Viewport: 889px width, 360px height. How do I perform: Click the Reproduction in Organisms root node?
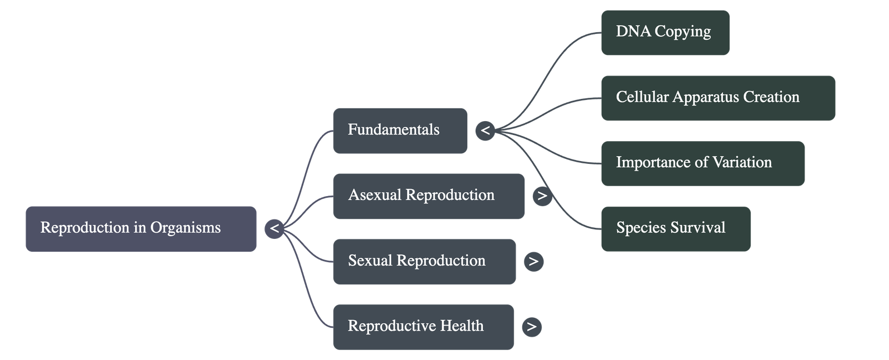click(141, 228)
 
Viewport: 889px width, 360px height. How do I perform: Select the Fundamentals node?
click(399, 131)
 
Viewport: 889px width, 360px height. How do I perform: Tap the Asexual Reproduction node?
click(428, 196)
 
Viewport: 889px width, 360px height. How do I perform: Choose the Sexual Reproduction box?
click(424, 261)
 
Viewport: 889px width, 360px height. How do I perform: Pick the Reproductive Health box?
click(423, 326)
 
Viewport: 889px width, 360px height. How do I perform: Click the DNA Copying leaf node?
click(665, 32)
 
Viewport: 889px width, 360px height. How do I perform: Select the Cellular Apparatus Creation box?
click(718, 97)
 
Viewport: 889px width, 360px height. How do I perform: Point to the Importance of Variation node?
click(702, 163)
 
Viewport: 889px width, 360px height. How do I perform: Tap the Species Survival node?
click(676, 228)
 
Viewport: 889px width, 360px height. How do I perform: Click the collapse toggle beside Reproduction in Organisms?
click(274, 228)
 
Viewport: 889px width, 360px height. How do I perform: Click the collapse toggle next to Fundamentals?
click(485, 131)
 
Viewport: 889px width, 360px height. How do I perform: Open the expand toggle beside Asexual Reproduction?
click(542, 196)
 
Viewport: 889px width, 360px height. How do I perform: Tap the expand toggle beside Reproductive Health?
click(532, 326)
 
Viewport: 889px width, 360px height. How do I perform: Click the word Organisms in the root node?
click(185, 228)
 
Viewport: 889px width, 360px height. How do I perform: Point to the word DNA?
click(633, 31)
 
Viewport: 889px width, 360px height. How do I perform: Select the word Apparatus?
click(706, 97)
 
